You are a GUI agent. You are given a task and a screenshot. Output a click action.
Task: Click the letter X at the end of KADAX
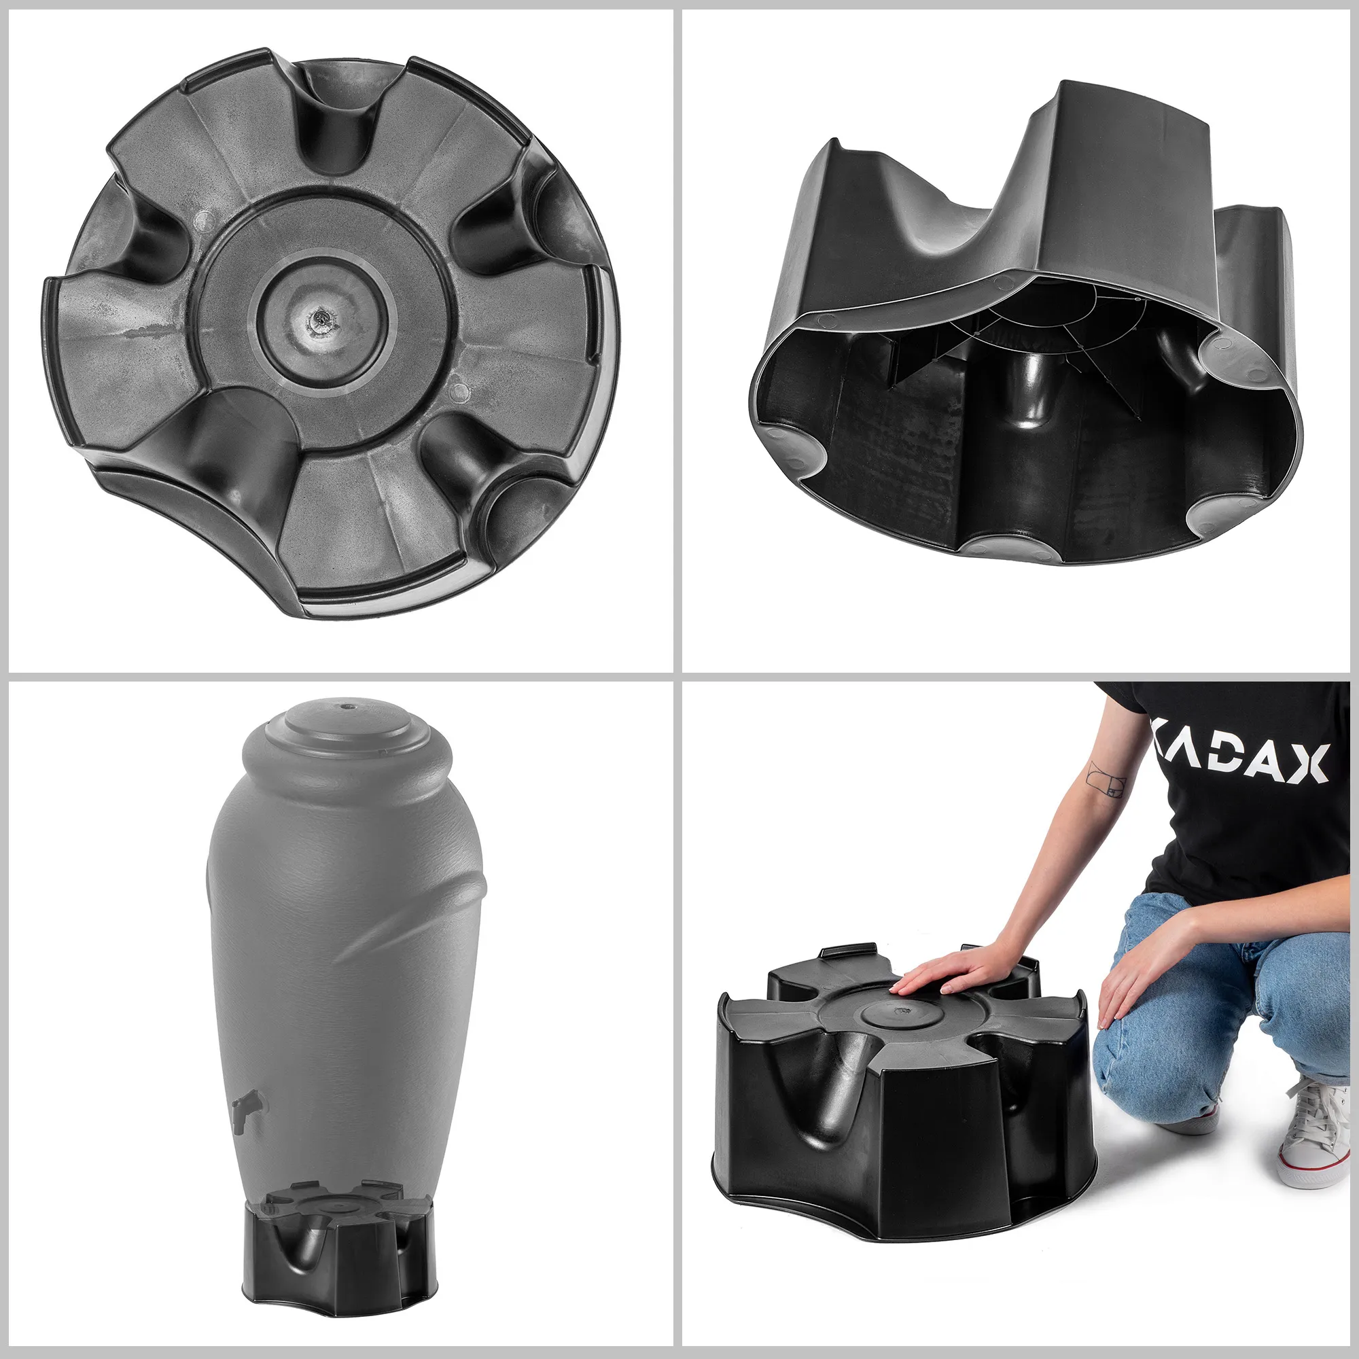point(1308,762)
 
